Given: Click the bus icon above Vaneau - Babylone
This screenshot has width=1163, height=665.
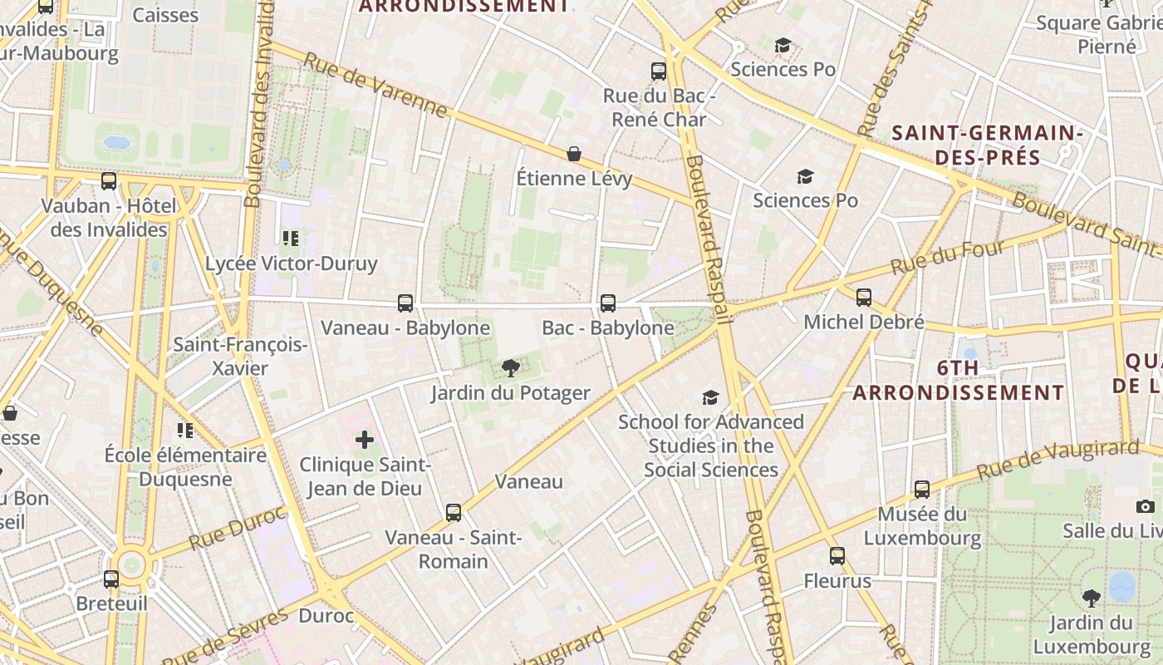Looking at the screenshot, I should (x=405, y=303).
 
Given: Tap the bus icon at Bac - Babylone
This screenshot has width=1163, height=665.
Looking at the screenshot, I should (x=608, y=303).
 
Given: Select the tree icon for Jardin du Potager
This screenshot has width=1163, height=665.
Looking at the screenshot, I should (x=511, y=368).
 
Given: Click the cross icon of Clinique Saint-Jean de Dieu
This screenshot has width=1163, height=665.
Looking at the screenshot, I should (x=365, y=440).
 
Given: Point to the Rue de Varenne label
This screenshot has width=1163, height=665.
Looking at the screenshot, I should (x=375, y=86).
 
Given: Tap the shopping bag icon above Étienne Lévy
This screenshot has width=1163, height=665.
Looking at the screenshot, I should (x=574, y=154).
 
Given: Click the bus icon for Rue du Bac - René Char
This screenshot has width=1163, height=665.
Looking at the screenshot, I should (x=659, y=71).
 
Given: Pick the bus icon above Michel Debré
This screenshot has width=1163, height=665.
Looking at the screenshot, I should (x=864, y=298).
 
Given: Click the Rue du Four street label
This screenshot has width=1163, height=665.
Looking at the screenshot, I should (x=948, y=259).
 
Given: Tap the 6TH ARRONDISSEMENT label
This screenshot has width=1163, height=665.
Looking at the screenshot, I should (x=958, y=380).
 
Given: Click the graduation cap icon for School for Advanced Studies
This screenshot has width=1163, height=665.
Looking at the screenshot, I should (x=710, y=397).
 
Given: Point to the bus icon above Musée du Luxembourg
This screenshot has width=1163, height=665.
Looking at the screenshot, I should (x=922, y=490).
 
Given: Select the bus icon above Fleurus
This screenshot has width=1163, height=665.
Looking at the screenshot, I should (x=837, y=556).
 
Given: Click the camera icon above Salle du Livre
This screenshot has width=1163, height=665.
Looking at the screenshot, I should (x=1146, y=506).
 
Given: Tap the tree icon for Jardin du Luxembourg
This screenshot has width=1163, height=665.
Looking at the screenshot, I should (x=1091, y=598).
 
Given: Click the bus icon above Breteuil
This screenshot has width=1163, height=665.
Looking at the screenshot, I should (x=111, y=579).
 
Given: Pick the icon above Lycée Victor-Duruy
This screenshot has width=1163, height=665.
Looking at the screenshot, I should (x=290, y=239).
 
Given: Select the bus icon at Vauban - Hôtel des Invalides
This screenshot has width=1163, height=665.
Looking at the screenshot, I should (x=109, y=181).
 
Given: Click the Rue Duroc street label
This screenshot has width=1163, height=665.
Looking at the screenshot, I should (x=237, y=527).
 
